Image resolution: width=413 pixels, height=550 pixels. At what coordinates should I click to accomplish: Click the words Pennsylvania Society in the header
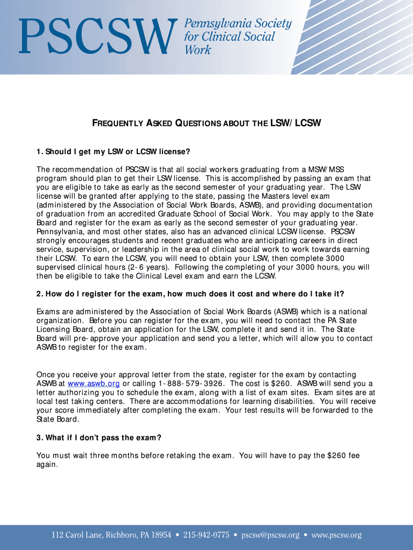238,24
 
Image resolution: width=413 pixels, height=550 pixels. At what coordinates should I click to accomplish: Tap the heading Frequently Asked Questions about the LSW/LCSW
206,124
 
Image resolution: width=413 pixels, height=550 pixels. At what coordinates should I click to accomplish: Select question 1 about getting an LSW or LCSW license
114,151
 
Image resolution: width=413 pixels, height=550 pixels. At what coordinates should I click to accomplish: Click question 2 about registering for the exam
190,294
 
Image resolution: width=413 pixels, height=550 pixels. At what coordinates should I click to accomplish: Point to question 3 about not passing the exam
99,438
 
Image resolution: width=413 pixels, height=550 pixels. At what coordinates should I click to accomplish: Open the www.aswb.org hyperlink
93,383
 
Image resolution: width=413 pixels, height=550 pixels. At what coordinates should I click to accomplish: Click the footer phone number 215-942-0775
206,535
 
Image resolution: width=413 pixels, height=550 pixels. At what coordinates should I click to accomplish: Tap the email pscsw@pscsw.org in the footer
270,535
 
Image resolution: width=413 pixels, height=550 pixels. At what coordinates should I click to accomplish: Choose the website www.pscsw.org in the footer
336,535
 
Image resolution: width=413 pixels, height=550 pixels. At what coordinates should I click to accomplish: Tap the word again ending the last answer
47,465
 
